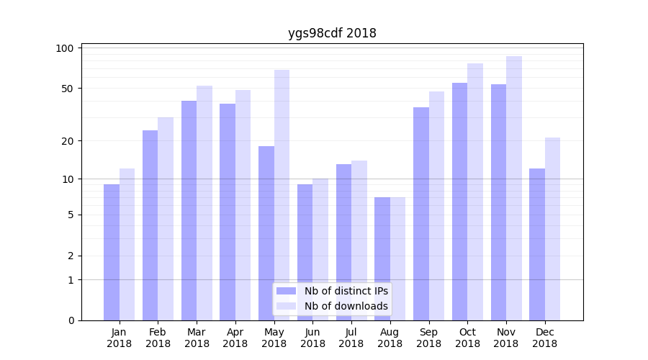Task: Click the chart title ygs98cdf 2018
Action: tap(332, 33)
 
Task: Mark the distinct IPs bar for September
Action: tap(421, 214)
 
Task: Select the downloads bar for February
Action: tap(166, 219)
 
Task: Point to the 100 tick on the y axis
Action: tap(66, 48)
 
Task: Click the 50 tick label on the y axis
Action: tap(68, 89)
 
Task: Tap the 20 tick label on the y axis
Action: tap(68, 141)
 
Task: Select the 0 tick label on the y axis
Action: tap(71, 320)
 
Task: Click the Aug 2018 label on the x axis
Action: tap(390, 338)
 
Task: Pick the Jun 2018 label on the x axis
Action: tap(312, 338)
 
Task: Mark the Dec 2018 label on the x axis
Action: tap(544, 338)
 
